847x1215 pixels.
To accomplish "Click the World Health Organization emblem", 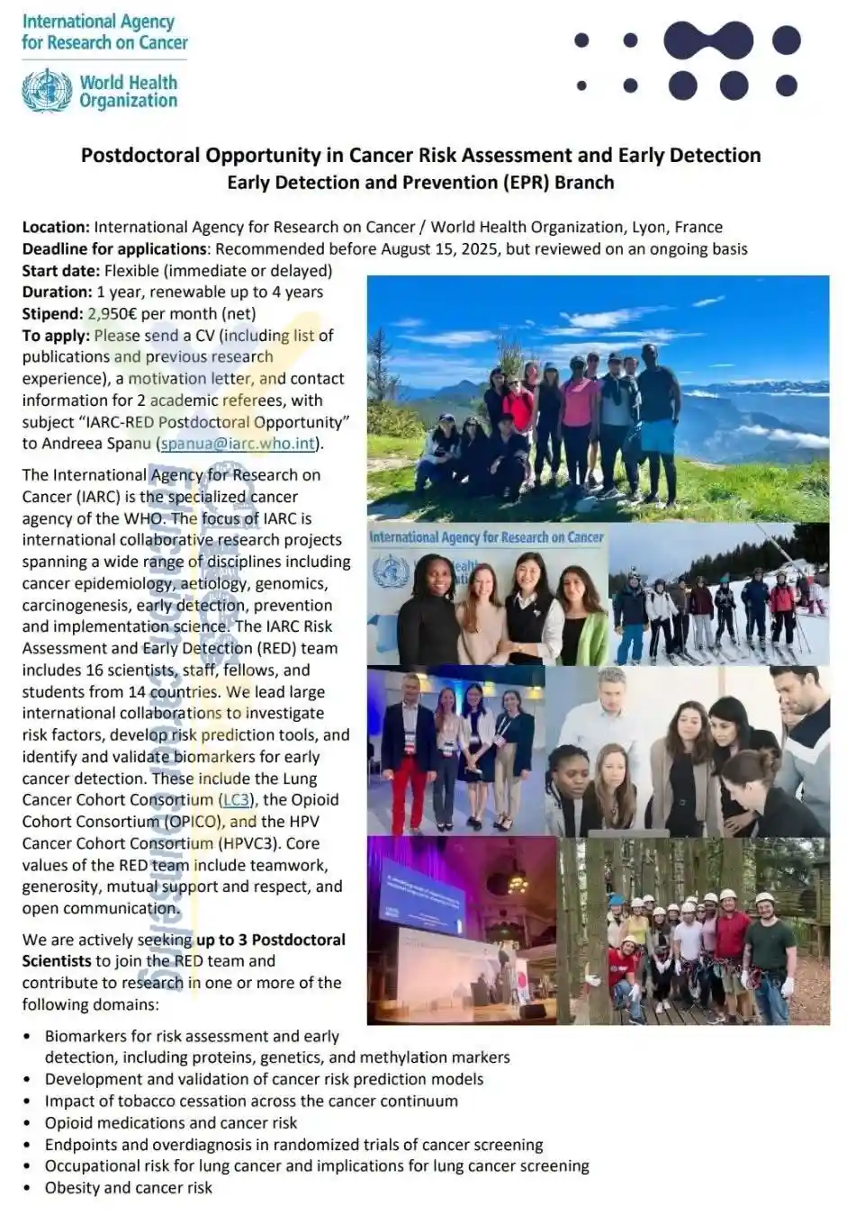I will [47, 91].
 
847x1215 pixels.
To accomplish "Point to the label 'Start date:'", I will [61, 271].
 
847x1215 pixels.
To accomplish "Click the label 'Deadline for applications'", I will [115, 249].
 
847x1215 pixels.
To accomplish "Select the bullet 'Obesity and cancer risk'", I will [129, 1188].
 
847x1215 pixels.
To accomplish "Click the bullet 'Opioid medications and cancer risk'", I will [171, 1123].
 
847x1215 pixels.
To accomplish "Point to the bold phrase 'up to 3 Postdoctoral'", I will [271, 940].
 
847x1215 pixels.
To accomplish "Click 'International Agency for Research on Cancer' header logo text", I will [104, 31].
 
